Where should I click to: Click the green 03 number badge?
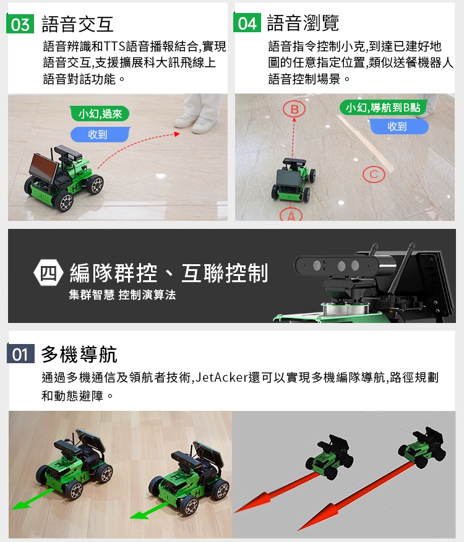tap(20, 24)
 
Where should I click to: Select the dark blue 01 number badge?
tap(21, 354)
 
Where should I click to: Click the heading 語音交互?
tap(77, 24)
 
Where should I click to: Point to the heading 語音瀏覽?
tap(303, 23)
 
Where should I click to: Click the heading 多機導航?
tap(79, 355)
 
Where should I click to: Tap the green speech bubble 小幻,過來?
tap(100, 113)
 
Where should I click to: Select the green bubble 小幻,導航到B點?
tap(383, 108)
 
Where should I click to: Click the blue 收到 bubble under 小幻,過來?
tap(100, 134)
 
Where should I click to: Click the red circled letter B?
tap(294, 110)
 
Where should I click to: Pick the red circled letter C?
tap(374, 174)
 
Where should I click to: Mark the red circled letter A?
tap(291, 215)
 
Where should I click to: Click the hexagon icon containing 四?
tap(48, 273)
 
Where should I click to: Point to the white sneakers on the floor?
tap(195, 123)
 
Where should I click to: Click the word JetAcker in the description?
tap(222, 377)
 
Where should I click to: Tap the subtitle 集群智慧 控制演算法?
tap(122, 295)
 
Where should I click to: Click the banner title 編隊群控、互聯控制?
tap(169, 273)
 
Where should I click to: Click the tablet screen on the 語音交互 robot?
tap(43, 168)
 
